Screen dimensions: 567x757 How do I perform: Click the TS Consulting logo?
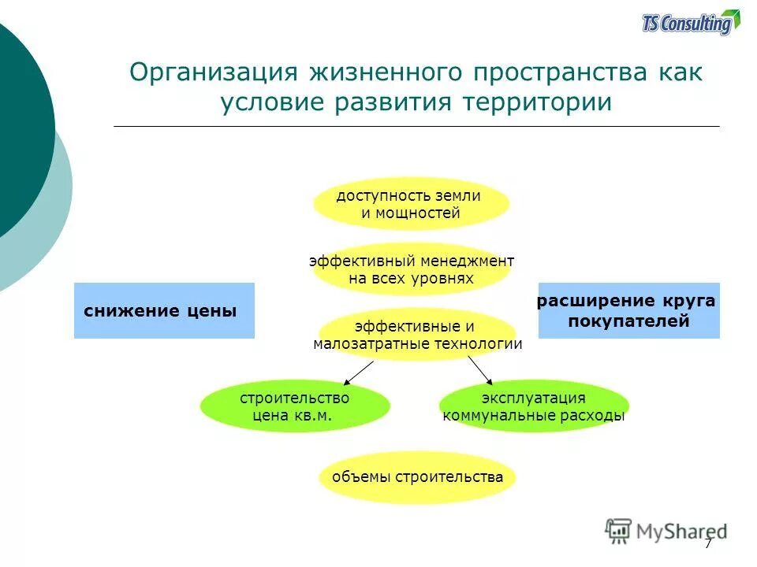691,23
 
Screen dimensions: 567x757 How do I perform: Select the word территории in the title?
540,103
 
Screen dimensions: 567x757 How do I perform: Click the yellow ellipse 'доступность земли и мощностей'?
410,204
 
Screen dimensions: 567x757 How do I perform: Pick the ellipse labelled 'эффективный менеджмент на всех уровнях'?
412,269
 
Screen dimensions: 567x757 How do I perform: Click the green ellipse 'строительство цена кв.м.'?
295,406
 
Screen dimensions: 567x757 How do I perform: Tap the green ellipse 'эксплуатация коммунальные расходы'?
534,406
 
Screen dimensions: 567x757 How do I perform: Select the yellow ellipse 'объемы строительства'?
417,477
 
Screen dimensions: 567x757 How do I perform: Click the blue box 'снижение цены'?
164,310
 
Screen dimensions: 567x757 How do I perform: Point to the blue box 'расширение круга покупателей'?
628,310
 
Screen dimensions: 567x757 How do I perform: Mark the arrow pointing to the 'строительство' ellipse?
359,371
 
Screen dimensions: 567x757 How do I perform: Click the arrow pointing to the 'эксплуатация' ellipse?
479,370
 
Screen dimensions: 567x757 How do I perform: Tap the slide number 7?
708,543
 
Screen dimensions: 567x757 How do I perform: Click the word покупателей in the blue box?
628,321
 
